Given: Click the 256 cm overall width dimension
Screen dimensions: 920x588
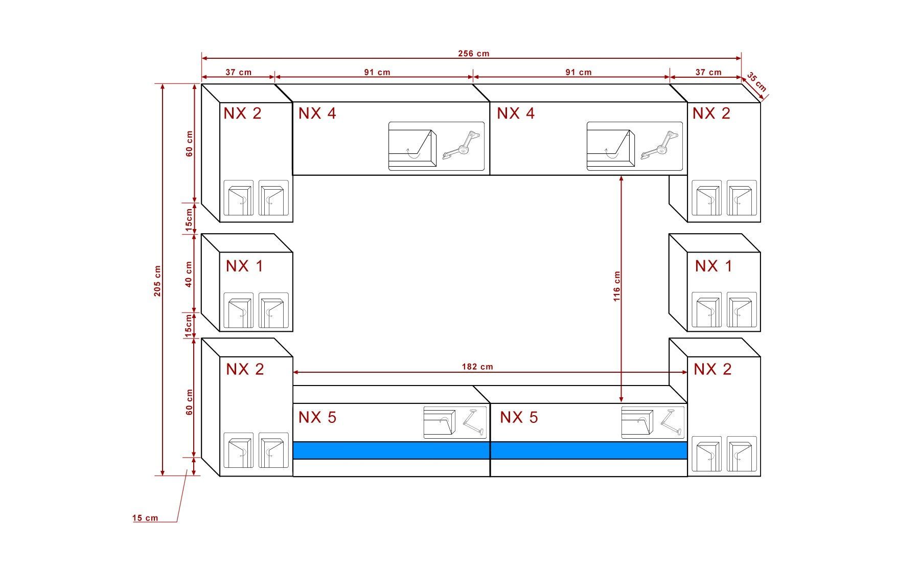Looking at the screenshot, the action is (474, 54).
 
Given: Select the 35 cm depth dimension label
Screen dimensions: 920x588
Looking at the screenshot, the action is (757, 82).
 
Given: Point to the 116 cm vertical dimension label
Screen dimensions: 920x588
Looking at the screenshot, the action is (617, 286).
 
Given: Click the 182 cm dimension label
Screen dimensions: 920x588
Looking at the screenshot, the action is (477, 367).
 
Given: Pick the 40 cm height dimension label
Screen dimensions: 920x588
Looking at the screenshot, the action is (189, 274).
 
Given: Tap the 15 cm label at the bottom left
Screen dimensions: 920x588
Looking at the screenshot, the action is (145, 518).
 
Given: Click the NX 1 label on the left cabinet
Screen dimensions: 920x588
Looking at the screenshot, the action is (244, 266).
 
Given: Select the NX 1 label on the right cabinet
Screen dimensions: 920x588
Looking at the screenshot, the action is (714, 266).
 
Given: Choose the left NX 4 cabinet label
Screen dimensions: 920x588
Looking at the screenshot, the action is (317, 113).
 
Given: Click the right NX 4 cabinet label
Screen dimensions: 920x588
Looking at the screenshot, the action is (516, 113).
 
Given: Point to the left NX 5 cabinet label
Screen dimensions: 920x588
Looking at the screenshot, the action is (317, 417).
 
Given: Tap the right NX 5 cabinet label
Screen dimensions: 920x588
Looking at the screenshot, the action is (519, 417).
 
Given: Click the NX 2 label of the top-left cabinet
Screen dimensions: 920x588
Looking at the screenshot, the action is (242, 113).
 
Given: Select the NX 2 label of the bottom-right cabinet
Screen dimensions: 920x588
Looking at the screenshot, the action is (712, 369).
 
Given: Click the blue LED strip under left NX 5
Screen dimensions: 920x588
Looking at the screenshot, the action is (392, 450).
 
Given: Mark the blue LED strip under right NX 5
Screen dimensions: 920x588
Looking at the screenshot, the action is (589, 450).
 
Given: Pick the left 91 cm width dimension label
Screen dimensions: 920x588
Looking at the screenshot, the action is (377, 72).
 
